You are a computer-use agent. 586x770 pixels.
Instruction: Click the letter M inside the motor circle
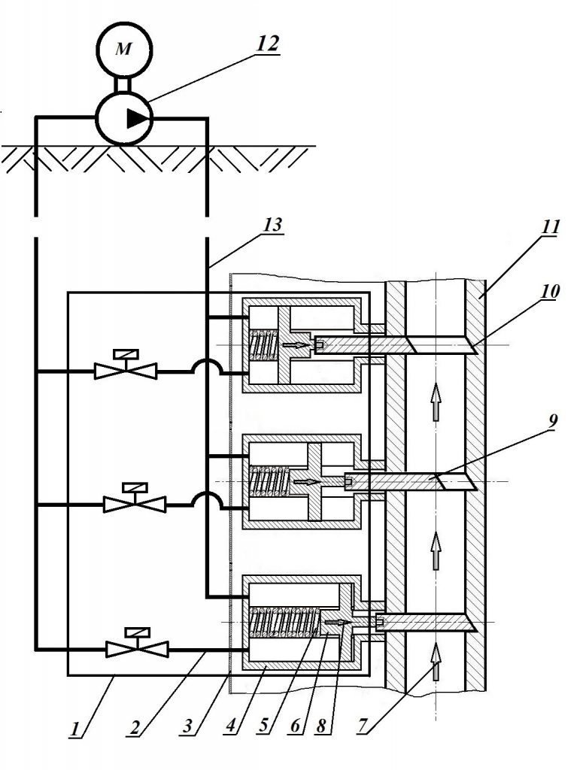click(x=123, y=49)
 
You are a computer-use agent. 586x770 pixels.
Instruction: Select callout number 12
click(x=267, y=44)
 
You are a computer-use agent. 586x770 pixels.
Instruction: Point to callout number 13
click(x=272, y=225)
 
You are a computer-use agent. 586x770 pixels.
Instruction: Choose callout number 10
click(x=550, y=291)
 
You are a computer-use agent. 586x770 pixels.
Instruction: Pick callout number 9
click(x=552, y=420)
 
